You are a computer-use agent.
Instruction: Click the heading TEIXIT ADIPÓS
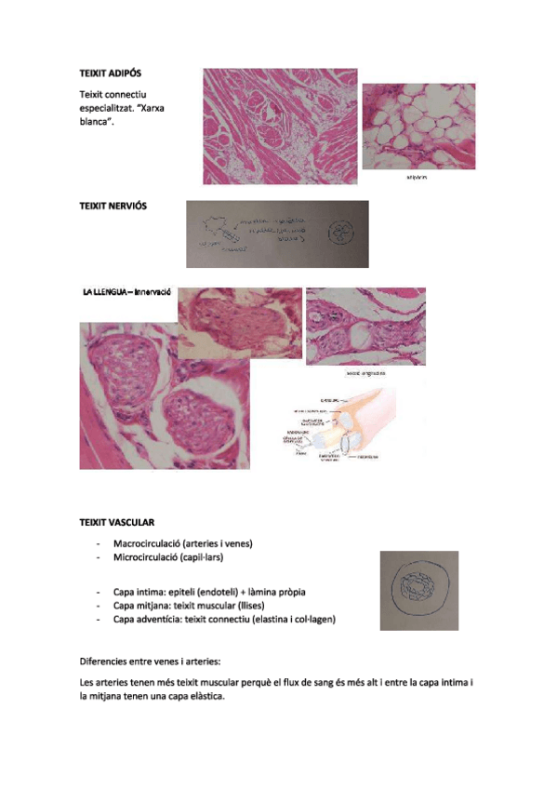(111, 73)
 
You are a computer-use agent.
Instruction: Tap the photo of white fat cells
(418, 127)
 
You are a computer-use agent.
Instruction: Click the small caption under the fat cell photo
(418, 178)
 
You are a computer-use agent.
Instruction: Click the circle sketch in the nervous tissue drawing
(341, 233)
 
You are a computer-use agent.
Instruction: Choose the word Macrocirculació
(146, 543)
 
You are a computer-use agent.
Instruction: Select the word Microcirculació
(145, 557)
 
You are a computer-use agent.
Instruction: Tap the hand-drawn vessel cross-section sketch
(419, 591)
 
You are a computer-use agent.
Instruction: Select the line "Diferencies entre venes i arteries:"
(151, 662)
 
